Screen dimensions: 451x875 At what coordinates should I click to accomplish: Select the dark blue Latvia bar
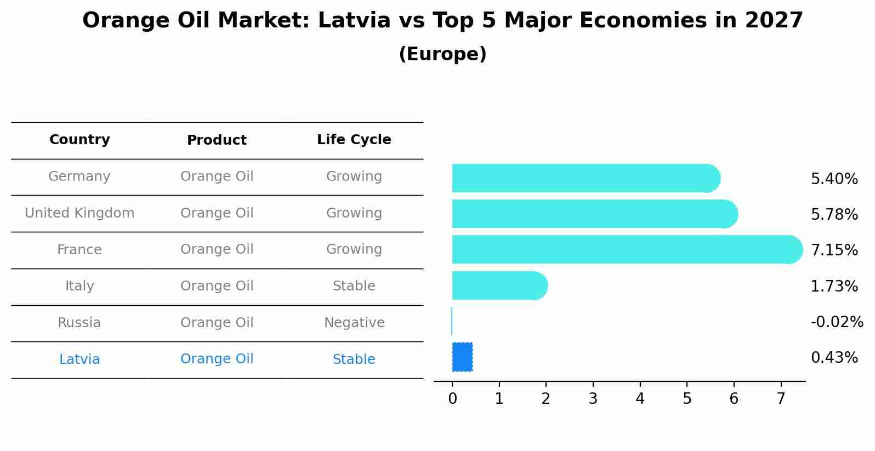pos(462,357)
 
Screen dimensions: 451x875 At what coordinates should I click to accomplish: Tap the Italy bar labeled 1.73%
pos(499,286)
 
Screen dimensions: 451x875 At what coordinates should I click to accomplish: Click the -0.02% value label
pos(837,322)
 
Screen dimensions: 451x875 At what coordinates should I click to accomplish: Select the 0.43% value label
pos(834,358)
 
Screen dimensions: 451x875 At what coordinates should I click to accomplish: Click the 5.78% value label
pos(834,214)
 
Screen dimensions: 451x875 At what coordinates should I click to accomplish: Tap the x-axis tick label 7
pos(781,399)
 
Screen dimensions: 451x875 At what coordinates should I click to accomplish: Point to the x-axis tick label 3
pos(593,399)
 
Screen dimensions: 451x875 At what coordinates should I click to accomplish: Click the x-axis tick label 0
pos(452,399)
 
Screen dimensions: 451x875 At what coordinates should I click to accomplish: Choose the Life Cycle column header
pos(354,140)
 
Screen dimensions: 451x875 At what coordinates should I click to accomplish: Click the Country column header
pos(79,140)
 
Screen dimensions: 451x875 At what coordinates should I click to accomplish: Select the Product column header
pos(217,140)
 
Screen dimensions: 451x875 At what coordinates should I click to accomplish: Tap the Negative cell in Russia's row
pos(354,323)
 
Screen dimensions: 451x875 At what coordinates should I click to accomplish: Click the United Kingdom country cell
pos(79,213)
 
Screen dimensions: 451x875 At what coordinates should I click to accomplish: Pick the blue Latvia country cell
pos(79,359)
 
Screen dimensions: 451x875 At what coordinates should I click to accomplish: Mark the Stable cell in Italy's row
pos(354,286)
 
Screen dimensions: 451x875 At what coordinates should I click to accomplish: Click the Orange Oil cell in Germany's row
pos(217,176)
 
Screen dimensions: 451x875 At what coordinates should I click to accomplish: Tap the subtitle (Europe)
pos(442,54)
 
